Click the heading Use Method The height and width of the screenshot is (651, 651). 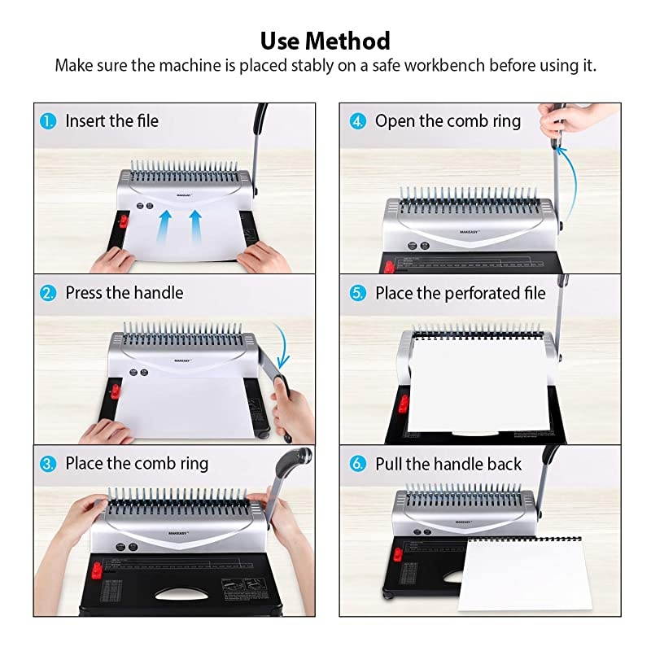325,40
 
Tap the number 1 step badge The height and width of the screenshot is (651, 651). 50,121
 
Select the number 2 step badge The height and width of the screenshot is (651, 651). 50,293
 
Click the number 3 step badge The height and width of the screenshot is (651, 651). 50,464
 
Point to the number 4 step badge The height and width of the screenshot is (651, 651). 358,121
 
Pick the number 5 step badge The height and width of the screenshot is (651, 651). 358,293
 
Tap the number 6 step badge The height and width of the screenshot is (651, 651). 358,464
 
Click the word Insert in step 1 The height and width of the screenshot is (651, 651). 85,121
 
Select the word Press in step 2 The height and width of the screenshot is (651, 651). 85,293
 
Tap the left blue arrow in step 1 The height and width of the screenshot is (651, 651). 166,224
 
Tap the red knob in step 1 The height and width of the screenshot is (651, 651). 122,221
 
